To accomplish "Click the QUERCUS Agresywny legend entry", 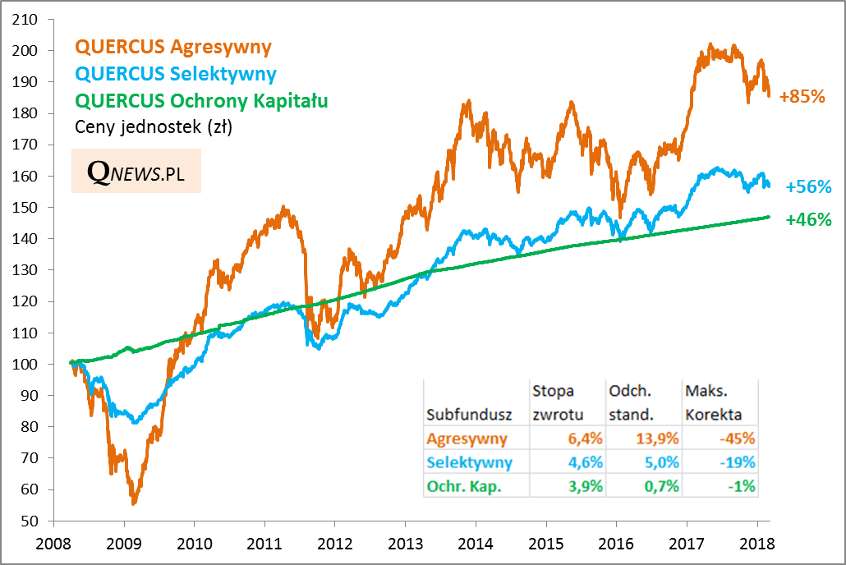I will point(172,47).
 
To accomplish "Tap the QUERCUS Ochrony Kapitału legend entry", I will point(201,101).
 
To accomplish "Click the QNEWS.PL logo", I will point(136,171).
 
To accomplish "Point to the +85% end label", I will point(802,96).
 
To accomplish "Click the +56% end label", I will point(808,187).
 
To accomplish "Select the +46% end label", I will point(808,219).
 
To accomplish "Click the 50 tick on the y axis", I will point(31,521).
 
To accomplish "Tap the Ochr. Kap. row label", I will point(465,486).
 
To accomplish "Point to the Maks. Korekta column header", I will point(713,402).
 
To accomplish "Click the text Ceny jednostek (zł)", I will point(154,127).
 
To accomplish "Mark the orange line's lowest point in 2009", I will point(133,503).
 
